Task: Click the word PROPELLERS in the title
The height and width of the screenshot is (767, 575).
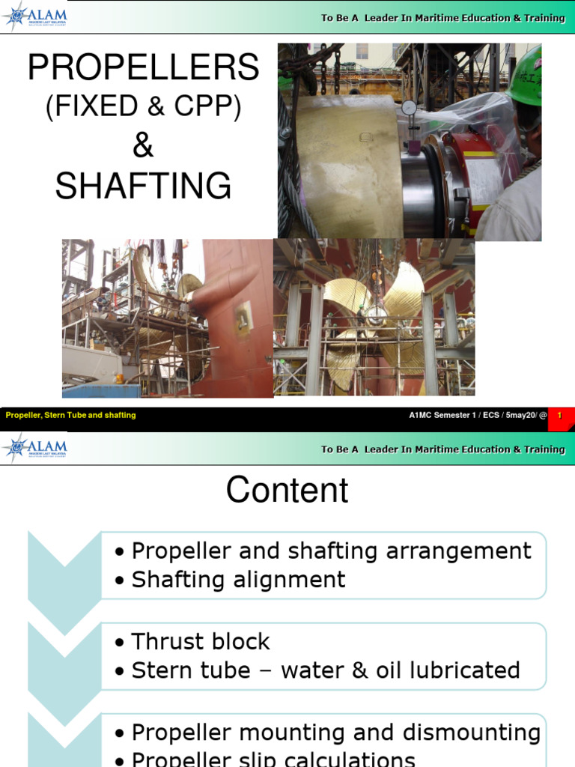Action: pyautogui.click(x=143, y=68)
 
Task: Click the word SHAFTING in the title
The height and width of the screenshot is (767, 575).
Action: pyautogui.click(x=143, y=186)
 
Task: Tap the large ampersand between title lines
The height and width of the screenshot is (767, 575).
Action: pyautogui.click(x=142, y=146)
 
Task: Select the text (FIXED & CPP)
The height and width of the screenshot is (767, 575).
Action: pyautogui.click(x=143, y=106)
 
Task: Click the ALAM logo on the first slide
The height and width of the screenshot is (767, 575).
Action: pyautogui.click(x=36, y=16)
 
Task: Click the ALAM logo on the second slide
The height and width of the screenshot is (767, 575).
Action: pyautogui.click(x=36, y=447)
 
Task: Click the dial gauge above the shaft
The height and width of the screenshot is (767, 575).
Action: pyautogui.click(x=409, y=108)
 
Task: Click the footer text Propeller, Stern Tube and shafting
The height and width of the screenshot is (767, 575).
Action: pyautogui.click(x=71, y=415)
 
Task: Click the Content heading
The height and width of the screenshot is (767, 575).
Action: pyautogui.click(x=287, y=491)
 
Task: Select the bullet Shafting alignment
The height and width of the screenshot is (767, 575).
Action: pyautogui.click(x=238, y=580)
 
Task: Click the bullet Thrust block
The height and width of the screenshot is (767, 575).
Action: pyautogui.click(x=200, y=642)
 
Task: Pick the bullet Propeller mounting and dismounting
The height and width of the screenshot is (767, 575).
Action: pyautogui.click(x=335, y=733)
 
